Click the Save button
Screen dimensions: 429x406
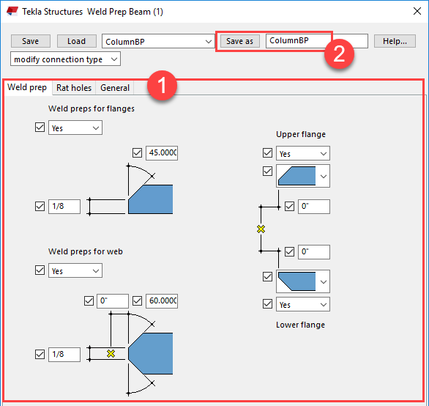tap(30, 41)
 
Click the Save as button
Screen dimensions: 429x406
tap(239, 41)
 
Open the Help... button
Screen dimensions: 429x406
tap(395, 41)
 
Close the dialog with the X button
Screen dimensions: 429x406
tap(417, 11)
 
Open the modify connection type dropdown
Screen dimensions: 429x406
tap(65, 59)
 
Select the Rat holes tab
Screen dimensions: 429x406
tap(74, 88)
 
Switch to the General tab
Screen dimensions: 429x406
tap(115, 88)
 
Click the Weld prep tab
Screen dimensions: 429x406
tap(27, 87)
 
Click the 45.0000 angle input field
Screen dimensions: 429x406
tap(162, 153)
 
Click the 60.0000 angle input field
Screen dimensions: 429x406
tap(162, 301)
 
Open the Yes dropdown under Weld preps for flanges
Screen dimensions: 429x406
tap(75, 128)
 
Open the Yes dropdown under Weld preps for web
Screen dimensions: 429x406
tap(75, 270)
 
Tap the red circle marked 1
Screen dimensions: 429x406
tap(162, 85)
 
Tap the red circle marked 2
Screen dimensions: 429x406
tap(339, 53)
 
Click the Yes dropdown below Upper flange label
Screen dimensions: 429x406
tap(303, 153)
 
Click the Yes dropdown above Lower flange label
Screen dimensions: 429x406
tap(303, 304)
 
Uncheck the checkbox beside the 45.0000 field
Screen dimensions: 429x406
tap(137, 153)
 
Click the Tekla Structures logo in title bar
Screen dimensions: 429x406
tap(12, 12)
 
